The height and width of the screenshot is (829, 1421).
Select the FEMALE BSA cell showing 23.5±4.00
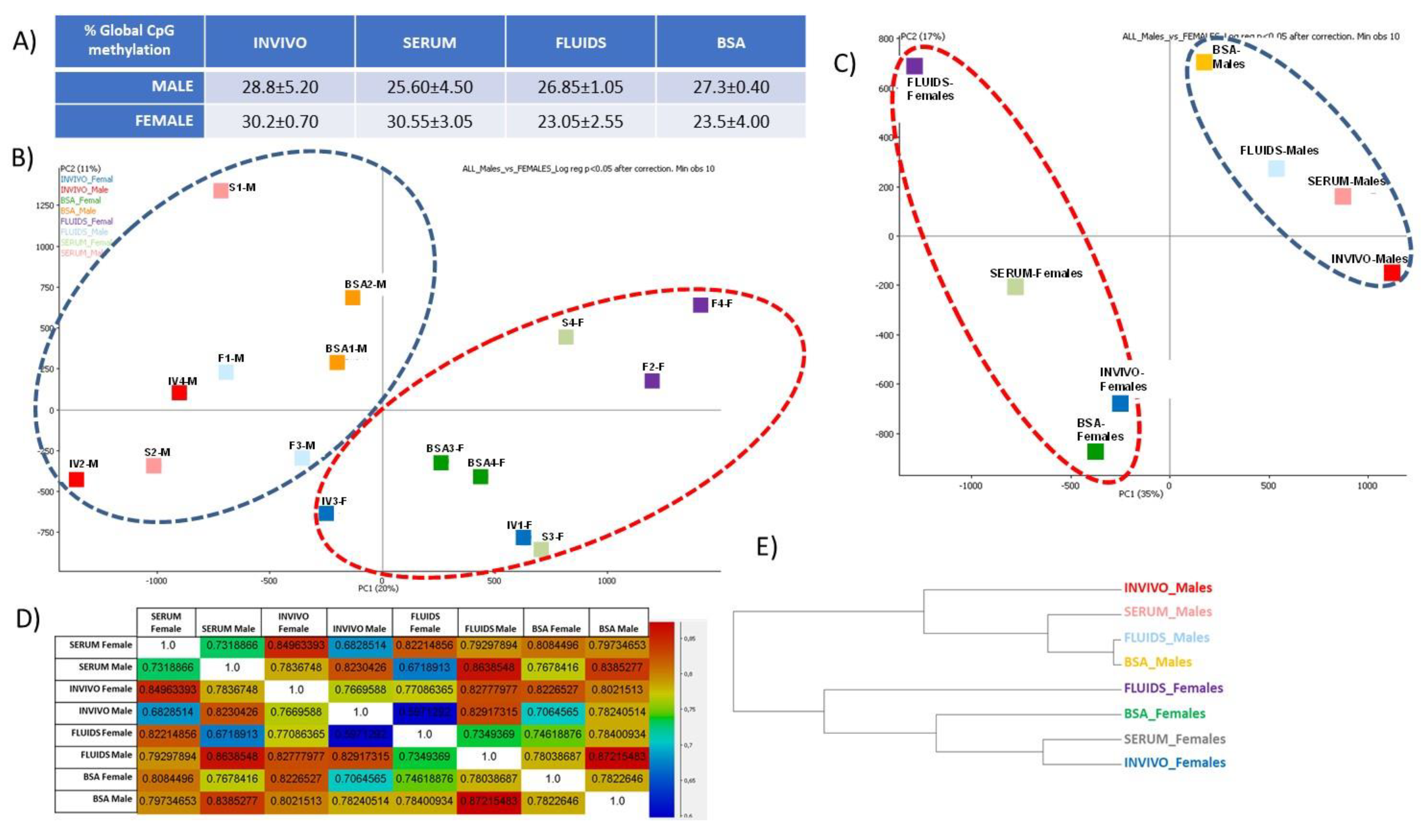coord(731,121)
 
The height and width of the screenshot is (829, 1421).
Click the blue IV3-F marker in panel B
coord(326,513)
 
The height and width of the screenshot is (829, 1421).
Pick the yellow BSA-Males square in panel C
coord(1204,62)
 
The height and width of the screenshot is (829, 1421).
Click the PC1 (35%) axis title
coord(1141,494)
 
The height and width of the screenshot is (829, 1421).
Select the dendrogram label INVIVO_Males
coord(1167,588)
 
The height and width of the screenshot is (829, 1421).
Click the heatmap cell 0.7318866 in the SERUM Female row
coord(232,645)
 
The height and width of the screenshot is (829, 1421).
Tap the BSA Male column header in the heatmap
coord(618,628)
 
